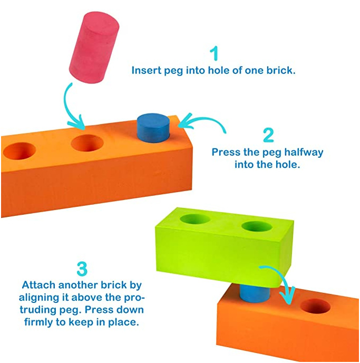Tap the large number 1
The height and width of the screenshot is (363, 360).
pyautogui.click(x=213, y=54)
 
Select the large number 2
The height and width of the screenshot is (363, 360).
pyautogui.click(x=268, y=135)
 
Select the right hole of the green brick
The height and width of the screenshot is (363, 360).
pyautogui.click(x=256, y=227)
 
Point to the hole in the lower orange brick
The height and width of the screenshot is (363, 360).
pyautogui.click(x=315, y=307)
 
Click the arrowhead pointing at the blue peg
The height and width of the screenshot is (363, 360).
pyautogui.click(x=182, y=125)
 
